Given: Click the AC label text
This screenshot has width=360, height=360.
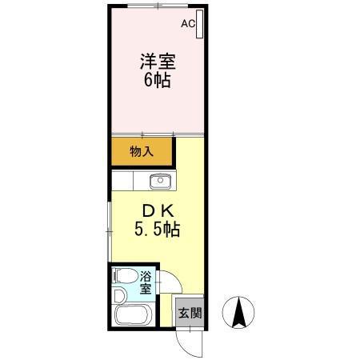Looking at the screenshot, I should click(x=188, y=24).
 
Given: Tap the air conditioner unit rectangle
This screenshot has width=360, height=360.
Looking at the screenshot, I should click(x=199, y=26).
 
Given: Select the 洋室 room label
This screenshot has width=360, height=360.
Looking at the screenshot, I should click(x=158, y=62).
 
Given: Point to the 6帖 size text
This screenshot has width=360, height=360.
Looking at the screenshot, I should click(x=158, y=80).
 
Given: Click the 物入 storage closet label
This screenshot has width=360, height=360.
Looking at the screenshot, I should click(x=142, y=151).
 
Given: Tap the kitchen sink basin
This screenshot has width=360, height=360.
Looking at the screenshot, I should click(x=160, y=179).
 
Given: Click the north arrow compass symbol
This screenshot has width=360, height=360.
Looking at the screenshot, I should click(x=238, y=312).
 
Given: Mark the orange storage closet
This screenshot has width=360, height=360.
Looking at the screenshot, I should click(x=142, y=150).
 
